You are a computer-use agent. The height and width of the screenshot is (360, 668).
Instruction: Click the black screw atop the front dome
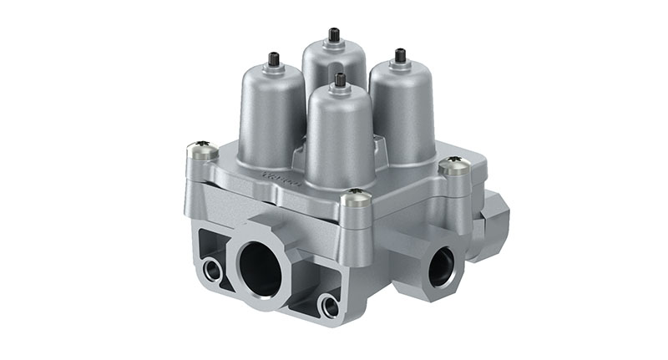[340, 80]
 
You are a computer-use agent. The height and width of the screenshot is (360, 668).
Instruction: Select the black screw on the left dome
[273, 59]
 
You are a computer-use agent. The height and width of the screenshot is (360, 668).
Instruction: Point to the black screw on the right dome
[400, 56]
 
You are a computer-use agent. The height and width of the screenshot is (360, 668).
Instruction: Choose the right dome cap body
[403, 109]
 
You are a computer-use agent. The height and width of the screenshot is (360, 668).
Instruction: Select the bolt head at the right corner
[453, 165]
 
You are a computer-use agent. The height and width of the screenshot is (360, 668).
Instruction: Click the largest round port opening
[261, 271]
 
